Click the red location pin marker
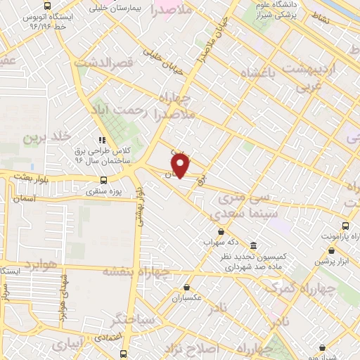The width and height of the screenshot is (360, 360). [181, 166]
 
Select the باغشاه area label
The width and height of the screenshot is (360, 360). [262, 73]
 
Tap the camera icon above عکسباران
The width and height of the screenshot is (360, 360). [186, 286]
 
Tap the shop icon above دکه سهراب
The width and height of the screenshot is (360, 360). [221, 233]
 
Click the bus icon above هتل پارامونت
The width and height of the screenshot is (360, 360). [345, 226]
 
